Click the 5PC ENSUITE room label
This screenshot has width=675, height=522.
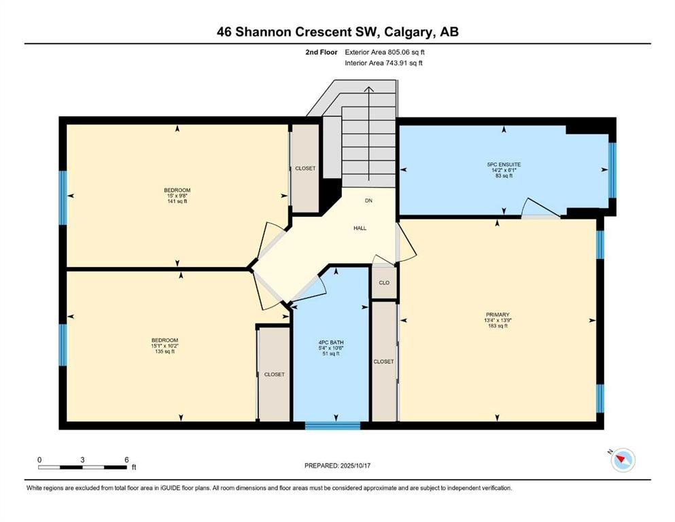tap(504, 164)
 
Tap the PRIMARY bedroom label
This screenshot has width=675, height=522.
tap(497, 315)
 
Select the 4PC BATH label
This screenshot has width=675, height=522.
tap(331, 343)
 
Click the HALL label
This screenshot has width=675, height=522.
tap(360, 228)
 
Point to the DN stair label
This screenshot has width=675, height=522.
tap(368, 201)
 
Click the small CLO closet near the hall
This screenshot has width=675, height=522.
tap(384, 283)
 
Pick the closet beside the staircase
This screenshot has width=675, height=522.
tap(305, 169)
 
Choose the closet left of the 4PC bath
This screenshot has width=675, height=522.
tap(274, 375)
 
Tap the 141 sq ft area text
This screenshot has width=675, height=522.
tap(177, 201)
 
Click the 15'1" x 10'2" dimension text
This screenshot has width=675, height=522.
tap(165, 345)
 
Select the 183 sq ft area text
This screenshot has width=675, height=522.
tap(497, 326)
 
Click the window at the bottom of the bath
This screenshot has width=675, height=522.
tap(333, 425)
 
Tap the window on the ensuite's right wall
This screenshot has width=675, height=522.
tap(612, 171)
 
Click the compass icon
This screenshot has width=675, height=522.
tap(623, 459)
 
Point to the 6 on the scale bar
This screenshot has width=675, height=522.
tap(126, 459)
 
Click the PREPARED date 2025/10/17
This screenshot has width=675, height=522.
tap(355, 466)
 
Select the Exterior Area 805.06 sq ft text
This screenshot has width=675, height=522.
tap(385, 52)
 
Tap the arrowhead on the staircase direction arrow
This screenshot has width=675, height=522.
tap(369, 90)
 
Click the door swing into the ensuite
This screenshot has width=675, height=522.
tap(540, 208)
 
